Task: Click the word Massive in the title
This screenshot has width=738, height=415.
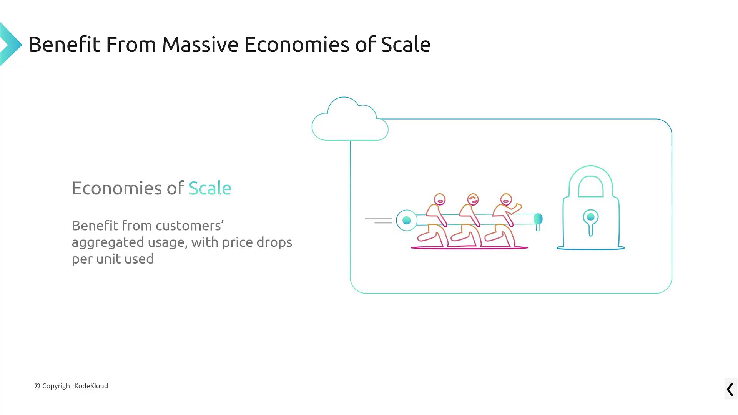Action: [200, 45]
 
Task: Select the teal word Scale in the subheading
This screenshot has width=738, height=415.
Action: [210, 188]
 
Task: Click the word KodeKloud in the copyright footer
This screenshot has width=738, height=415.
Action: [91, 386]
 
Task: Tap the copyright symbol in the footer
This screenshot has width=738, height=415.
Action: [37, 386]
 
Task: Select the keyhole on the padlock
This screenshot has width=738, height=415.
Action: [591, 222]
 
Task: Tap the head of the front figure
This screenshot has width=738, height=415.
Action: [506, 199]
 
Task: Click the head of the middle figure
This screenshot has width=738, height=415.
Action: [473, 199]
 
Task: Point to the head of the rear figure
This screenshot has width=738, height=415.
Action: [440, 199]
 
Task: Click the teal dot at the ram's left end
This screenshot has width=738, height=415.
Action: [407, 220]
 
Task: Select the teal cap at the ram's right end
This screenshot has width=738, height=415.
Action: [538, 219]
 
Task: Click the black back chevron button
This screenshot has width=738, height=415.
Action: [730, 389]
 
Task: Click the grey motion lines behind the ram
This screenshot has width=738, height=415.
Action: [379, 221]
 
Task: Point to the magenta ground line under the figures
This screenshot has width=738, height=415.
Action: [470, 248]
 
